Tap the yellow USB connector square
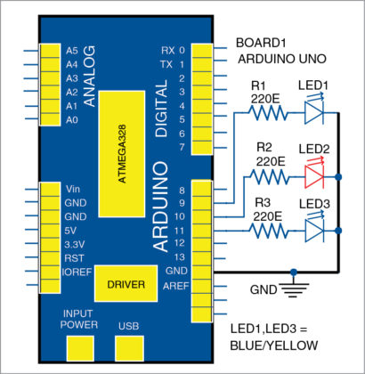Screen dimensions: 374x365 click(128, 346)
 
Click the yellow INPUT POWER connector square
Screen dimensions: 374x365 click(83, 346)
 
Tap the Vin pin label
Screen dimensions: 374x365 click(73, 189)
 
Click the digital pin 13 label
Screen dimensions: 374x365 click(180, 256)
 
